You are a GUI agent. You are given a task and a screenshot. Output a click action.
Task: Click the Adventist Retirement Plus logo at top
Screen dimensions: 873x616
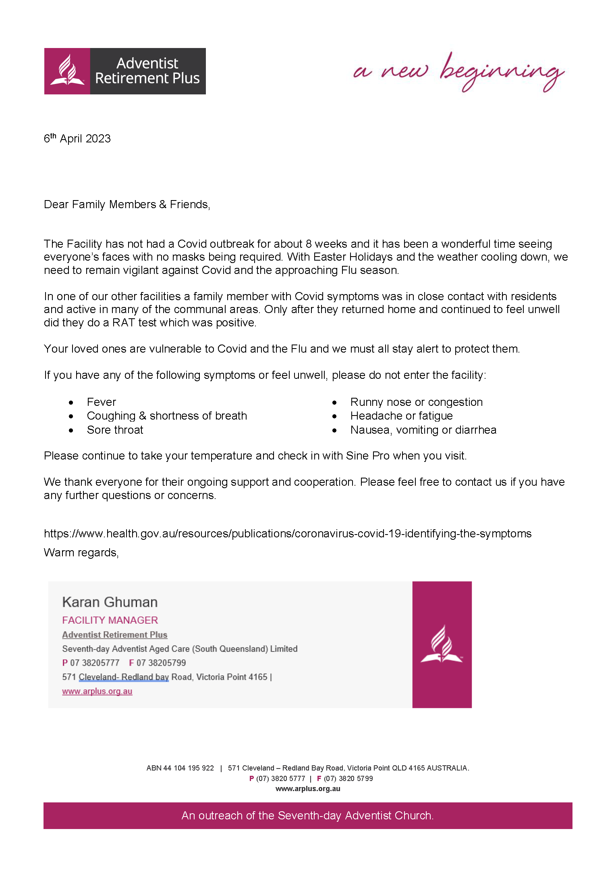point(125,71)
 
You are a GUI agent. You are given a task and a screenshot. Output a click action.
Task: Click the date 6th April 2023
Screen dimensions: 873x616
point(77,138)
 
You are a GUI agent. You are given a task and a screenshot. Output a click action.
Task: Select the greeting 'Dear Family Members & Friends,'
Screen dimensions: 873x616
point(127,205)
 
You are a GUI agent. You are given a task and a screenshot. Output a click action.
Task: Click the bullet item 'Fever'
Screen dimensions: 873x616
point(102,402)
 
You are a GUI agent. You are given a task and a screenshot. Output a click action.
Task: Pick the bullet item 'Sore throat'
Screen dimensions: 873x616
point(115,430)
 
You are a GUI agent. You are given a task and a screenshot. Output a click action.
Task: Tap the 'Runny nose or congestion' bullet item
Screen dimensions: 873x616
point(416,402)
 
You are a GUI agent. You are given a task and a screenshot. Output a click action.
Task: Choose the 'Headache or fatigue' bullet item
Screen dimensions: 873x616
point(401,416)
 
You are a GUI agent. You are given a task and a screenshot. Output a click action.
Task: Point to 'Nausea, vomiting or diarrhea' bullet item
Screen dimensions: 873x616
point(423,430)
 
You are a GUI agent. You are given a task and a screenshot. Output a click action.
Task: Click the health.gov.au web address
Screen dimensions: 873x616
point(288,534)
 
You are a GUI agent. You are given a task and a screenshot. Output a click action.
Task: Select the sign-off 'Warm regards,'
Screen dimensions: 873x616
point(81,553)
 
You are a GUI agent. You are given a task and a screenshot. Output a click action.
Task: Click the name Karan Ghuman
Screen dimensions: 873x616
point(110,602)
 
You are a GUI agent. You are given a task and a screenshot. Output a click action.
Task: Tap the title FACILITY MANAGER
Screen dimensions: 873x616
point(110,620)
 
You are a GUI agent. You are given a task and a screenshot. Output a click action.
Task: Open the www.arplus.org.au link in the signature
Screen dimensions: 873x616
point(97,691)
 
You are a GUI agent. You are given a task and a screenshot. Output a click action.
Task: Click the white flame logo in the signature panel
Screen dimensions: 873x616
point(442,644)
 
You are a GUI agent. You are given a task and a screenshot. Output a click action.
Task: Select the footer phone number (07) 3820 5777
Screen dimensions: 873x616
point(280,779)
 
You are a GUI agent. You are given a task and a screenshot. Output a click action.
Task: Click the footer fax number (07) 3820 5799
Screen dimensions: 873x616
point(348,779)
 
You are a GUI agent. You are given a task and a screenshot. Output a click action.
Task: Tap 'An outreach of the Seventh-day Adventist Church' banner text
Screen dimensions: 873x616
point(307,816)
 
